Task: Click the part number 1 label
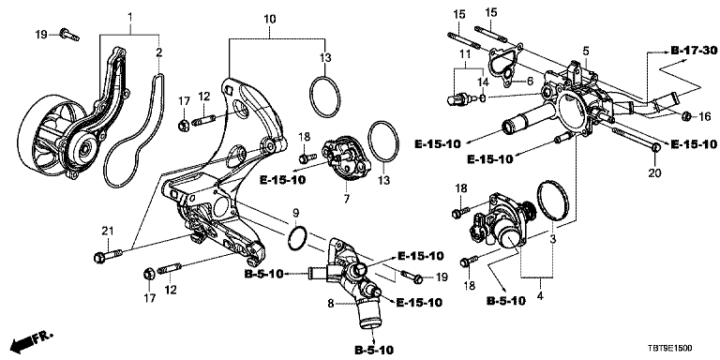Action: pos(130,19)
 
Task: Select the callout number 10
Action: pos(270,19)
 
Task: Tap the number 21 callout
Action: pos(107,231)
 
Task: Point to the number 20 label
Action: pos(654,173)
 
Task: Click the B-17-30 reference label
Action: pos(694,51)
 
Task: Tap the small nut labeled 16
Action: pos(686,116)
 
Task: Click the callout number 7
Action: pos(346,199)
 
